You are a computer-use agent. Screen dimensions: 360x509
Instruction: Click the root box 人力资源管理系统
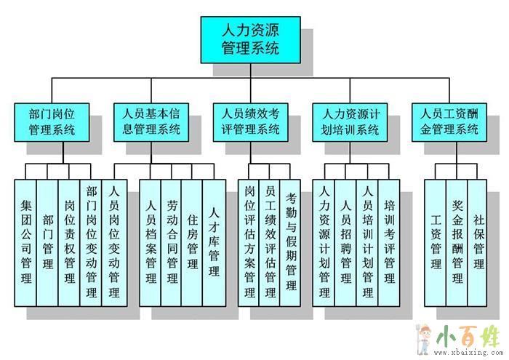pyautogui.click(x=250, y=40)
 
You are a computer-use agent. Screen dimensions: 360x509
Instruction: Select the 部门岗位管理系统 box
pyautogui.click(x=52, y=121)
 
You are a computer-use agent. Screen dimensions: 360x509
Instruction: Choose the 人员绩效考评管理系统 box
pyautogui.click(x=250, y=121)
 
